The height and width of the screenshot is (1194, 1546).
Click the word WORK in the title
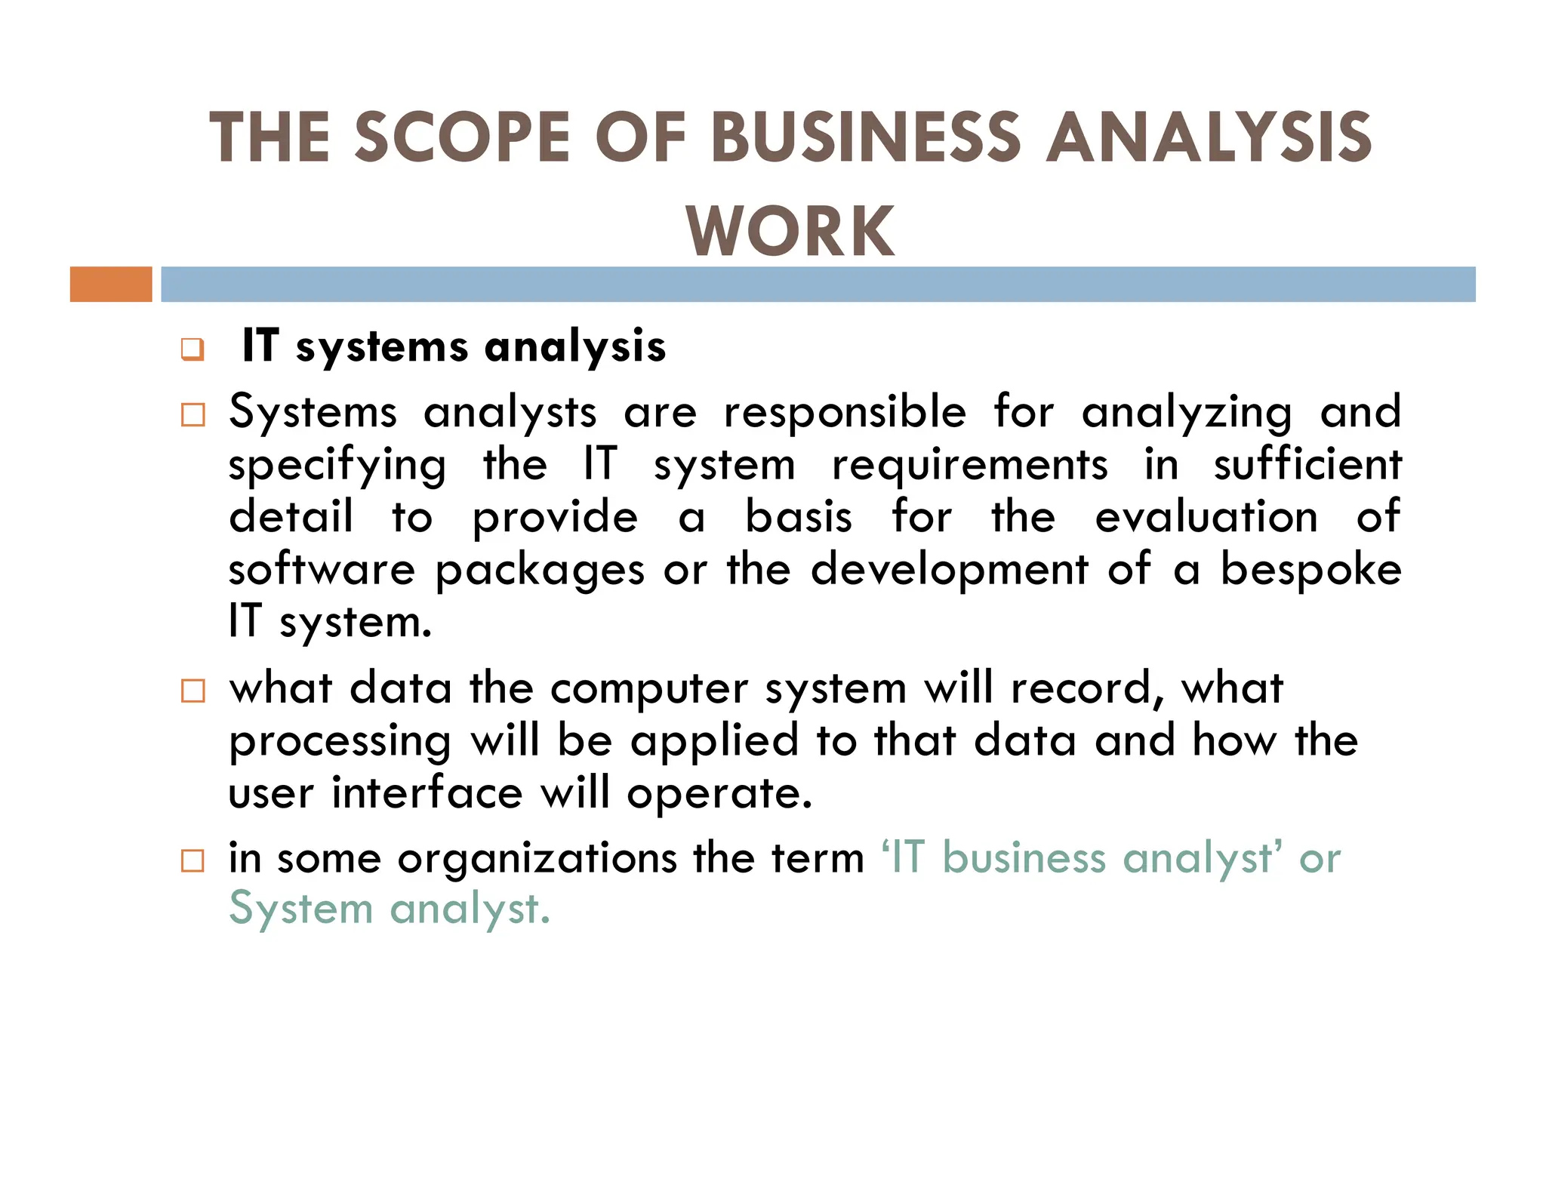(790, 231)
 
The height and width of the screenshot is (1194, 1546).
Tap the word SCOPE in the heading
(462, 137)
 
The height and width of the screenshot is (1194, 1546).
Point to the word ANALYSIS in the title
(1209, 137)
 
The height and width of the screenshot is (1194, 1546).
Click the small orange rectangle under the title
(111, 285)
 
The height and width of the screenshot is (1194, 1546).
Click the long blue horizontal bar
(818, 285)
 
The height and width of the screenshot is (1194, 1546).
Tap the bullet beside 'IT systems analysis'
(192, 350)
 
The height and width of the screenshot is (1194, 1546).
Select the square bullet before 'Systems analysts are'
(193, 415)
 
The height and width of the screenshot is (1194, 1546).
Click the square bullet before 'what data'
(193, 691)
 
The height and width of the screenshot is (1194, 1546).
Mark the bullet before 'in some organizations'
(193, 860)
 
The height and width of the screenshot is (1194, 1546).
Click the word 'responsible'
(845, 414)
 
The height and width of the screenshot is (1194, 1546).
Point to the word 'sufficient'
(1307, 465)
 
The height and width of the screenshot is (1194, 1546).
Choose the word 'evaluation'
(1206, 518)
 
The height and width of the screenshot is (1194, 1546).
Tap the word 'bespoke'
(1311, 571)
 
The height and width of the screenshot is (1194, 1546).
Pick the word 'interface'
(427, 793)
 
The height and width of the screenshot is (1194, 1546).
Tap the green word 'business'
(1025, 859)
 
